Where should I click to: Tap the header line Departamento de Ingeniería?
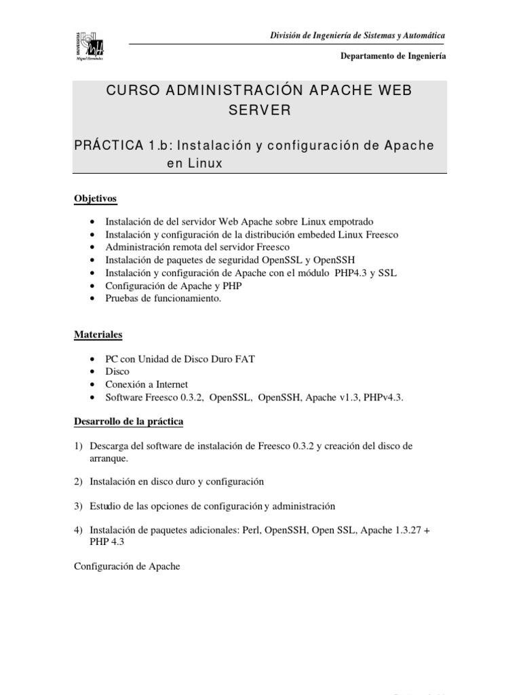pos(393,56)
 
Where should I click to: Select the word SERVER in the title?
pos(258,111)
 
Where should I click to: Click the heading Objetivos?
pos(95,198)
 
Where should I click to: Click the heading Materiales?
pos(98,335)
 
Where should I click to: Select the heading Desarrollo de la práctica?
pos(128,421)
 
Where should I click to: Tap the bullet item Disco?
pos(117,372)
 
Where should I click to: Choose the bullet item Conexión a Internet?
pos(147,385)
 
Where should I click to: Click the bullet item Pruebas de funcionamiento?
pos(163,298)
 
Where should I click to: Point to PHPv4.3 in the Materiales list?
pos(383,398)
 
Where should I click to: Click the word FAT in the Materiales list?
pos(244,359)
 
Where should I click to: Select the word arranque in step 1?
pos(109,458)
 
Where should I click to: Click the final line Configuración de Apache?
pos(127,567)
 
